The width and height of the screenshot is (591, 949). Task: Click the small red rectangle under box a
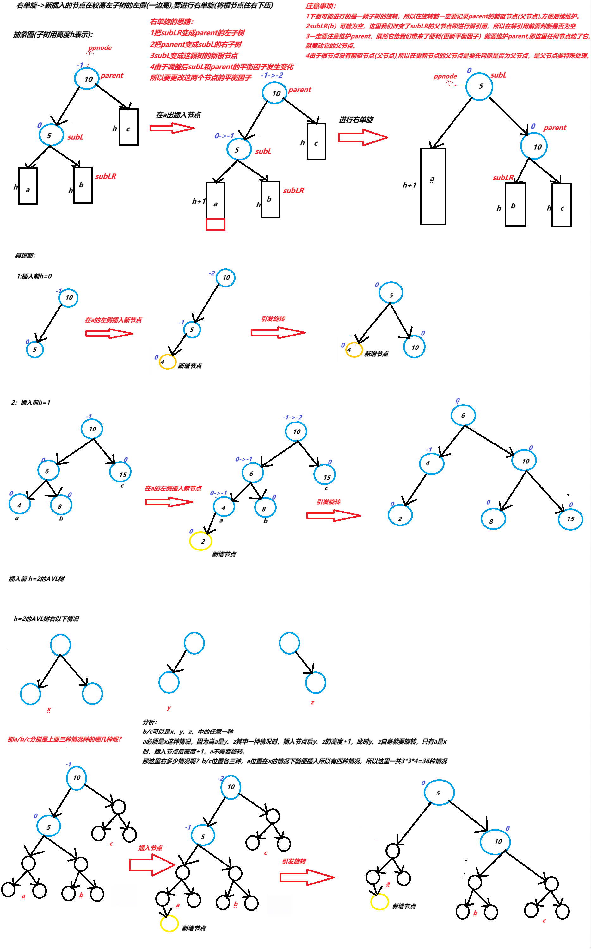point(215,224)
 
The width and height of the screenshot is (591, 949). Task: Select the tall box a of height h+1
point(433,186)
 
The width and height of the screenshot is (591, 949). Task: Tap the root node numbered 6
point(463,415)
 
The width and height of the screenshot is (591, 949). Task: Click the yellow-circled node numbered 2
point(201,541)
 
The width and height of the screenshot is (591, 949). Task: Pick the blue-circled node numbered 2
point(400,518)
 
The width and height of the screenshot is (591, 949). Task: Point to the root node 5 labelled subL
point(479,86)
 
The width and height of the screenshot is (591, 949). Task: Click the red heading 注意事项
point(321,6)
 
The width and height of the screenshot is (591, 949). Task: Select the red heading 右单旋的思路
point(172,22)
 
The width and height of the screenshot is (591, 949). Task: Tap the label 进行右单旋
point(356,120)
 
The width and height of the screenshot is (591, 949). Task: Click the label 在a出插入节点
point(178,115)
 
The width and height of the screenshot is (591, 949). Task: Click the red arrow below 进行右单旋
point(362,137)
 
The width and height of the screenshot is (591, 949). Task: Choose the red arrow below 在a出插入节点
point(172,128)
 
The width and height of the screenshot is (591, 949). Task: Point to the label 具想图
point(25,255)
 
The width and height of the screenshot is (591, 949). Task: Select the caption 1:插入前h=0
point(34,276)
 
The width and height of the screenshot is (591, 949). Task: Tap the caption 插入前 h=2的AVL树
point(36,579)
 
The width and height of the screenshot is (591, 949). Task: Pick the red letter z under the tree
point(312,702)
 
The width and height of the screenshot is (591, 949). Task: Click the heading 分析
point(150,722)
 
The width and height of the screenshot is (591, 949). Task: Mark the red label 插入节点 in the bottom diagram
point(150,848)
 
